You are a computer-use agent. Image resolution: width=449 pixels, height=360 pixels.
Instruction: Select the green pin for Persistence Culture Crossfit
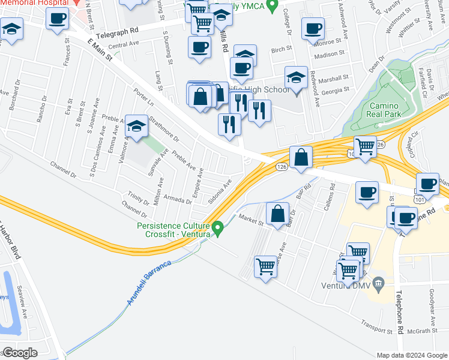click(218, 227)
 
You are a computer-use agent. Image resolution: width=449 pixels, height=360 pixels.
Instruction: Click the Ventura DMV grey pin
click(378, 282)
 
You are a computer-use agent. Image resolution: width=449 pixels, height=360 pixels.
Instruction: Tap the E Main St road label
click(100, 51)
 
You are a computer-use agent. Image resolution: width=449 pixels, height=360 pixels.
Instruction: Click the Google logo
click(20, 353)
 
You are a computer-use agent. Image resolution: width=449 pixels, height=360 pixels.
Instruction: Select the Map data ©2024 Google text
click(412, 355)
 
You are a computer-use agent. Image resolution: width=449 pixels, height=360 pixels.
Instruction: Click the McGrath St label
click(424, 331)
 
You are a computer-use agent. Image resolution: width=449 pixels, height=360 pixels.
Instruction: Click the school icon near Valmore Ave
click(136, 127)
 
